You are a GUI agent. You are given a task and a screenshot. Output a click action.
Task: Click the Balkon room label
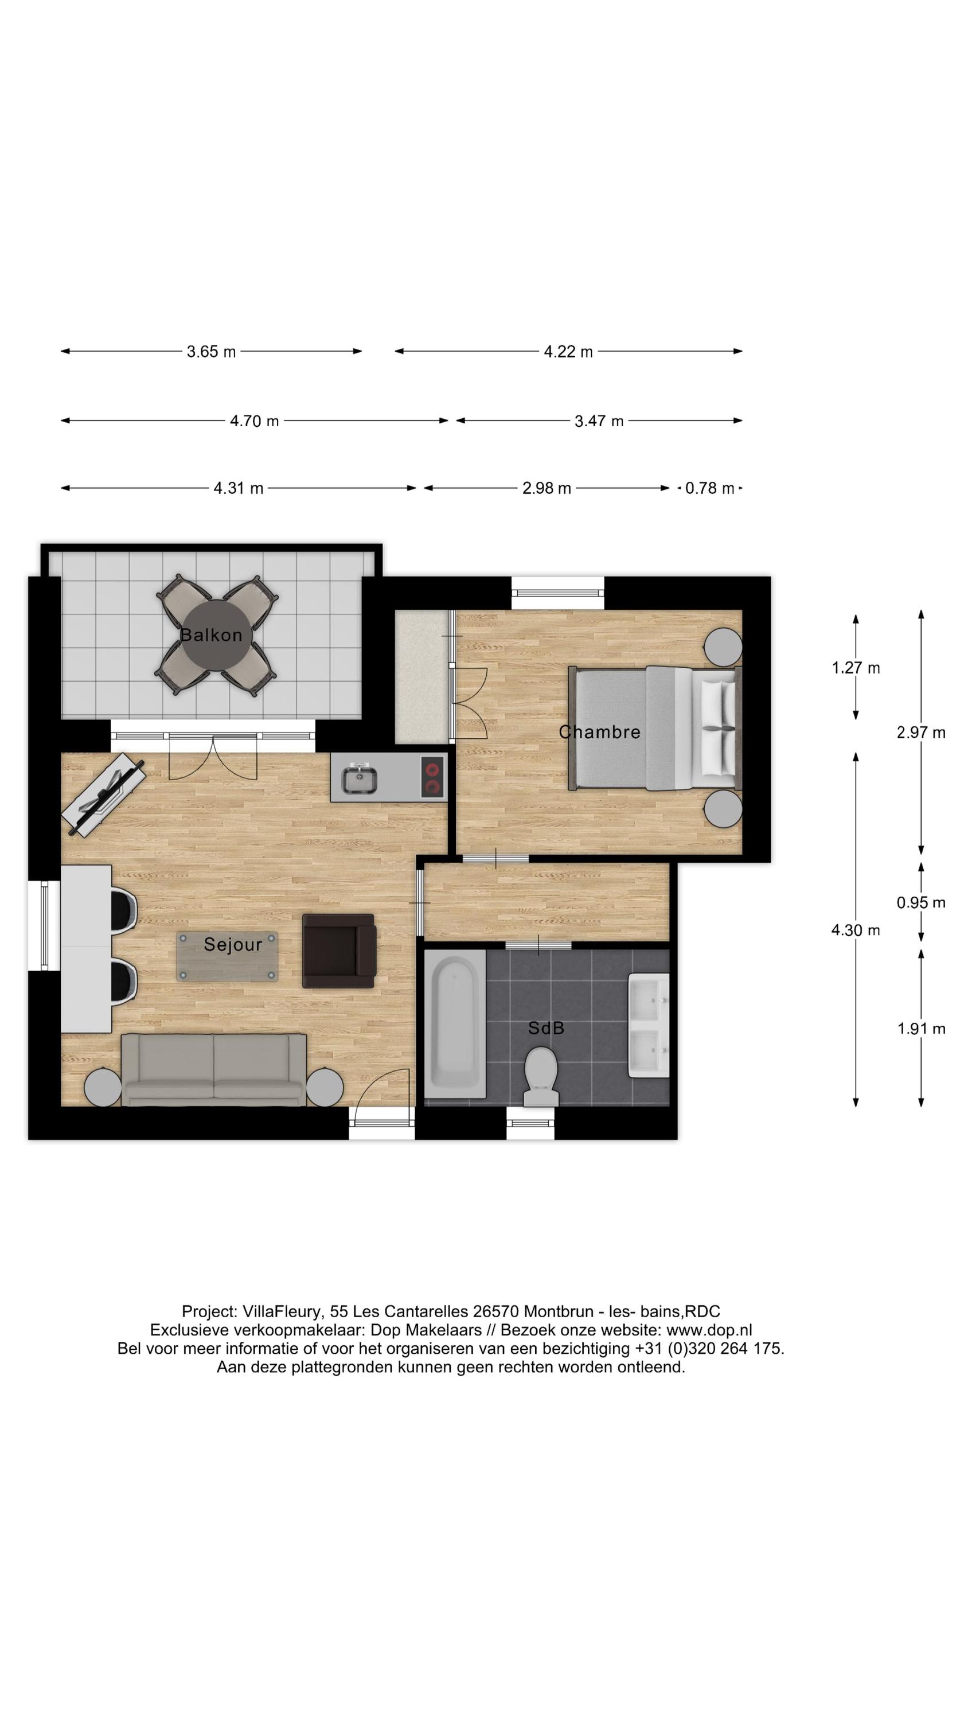click(211, 634)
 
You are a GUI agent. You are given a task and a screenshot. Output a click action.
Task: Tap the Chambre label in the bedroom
click(599, 732)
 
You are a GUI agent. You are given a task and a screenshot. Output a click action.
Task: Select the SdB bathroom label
click(546, 1027)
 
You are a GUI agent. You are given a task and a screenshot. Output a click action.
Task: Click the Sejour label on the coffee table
click(232, 944)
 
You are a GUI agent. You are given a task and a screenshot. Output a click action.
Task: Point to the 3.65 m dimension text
click(211, 352)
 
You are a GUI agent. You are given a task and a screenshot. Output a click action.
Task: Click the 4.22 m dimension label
click(568, 352)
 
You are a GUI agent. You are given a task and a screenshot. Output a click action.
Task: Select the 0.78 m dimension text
click(709, 488)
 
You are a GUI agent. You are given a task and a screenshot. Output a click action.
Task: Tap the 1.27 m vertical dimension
click(855, 667)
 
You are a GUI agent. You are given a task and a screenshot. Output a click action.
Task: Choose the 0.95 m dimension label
click(920, 902)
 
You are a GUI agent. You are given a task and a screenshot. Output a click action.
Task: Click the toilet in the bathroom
click(540, 1076)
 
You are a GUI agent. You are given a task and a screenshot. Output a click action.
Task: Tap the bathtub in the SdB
click(454, 1023)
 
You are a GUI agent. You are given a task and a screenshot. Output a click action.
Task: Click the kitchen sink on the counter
click(360, 780)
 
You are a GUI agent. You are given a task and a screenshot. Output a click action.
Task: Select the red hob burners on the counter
click(433, 776)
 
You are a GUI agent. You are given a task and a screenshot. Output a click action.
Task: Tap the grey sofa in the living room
click(214, 1069)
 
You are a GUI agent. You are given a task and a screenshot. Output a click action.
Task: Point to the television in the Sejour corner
click(104, 795)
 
